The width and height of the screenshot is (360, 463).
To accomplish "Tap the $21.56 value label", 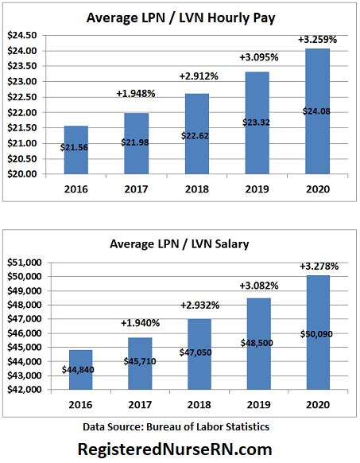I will click(76, 147).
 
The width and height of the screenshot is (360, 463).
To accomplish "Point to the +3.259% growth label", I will click(316, 40).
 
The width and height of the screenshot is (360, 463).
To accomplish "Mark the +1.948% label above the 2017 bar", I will click(137, 93).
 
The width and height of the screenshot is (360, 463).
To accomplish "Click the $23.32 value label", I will click(256, 123).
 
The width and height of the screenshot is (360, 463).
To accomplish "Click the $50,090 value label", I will click(316, 334).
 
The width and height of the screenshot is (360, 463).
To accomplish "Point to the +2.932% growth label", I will click(196, 305).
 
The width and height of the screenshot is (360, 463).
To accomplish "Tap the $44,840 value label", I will click(76, 369).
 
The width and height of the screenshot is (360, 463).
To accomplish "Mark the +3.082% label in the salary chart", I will click(257, 285).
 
